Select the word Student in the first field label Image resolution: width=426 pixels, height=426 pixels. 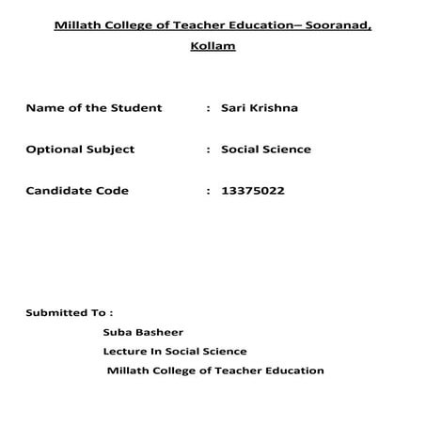pos(140,108)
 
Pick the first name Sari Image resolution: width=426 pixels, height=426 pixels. pos(232,108)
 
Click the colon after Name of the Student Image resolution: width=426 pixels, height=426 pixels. pos(207,109)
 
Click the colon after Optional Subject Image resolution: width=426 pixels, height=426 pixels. pos(207,150)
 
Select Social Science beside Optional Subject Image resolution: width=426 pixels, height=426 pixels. pos(265,149)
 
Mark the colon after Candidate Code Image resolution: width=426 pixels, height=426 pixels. pos(207,191)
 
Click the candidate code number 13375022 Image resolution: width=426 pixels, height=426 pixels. pos(252,190)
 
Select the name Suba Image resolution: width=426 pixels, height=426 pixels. pos(118,331)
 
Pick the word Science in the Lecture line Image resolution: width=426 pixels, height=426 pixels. pos(225,351)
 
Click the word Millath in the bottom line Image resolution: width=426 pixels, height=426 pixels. pos(130,371)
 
